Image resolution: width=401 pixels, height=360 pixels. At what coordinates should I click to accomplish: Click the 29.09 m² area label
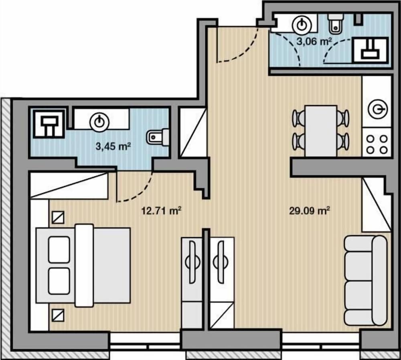(310, 211)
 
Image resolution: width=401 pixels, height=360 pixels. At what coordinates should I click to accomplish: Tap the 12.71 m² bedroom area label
(161, 211)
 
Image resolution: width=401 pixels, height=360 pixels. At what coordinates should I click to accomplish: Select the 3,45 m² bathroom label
(113, 146)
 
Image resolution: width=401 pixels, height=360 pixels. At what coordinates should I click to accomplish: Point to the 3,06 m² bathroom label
(314, 41)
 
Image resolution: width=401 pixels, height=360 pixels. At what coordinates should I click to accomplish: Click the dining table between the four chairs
(321, 131)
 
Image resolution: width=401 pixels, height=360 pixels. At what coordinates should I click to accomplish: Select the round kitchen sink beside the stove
(378, 109)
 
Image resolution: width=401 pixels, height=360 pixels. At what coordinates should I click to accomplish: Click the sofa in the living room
(366, 281)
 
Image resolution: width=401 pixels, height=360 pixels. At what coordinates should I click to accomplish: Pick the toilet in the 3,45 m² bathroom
(157, 138)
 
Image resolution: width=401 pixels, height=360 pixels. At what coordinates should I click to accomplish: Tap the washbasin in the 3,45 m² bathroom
(99, 122)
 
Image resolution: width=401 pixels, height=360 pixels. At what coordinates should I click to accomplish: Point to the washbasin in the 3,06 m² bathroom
(302, 24)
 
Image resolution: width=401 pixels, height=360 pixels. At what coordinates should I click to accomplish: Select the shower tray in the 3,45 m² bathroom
(49, 124)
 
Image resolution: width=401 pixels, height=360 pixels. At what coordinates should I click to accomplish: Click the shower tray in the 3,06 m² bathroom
(370, 50)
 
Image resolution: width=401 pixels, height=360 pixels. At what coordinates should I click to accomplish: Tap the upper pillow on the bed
(59, 250)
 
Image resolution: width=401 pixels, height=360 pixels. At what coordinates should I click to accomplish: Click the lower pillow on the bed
(59, 281)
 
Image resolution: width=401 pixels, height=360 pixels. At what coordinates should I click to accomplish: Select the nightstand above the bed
(58, 218)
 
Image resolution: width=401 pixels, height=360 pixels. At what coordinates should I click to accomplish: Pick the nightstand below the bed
(58, 315)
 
